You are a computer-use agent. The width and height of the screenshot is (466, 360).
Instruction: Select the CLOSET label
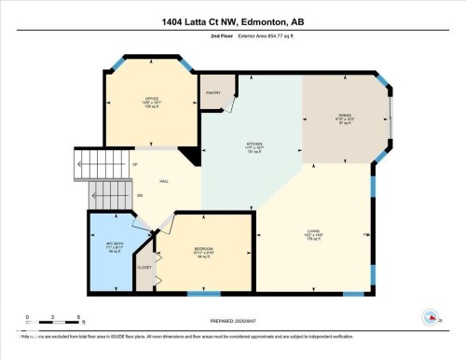tap(144, 268)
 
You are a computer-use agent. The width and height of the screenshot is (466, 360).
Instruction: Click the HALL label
tap(164, 181)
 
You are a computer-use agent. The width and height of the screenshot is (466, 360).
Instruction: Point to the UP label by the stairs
tap(137, 165)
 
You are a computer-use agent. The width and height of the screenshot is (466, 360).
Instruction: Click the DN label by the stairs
tap(139, 196)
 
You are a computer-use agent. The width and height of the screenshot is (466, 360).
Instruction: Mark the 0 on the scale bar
tap(28, 316)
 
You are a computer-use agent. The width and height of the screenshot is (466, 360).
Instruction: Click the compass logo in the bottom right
tap(432, 317)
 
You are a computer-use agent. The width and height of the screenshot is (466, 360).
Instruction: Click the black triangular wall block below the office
tap(191, 158)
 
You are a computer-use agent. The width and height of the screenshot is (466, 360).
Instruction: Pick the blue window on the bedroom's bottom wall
tap(198, 294)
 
